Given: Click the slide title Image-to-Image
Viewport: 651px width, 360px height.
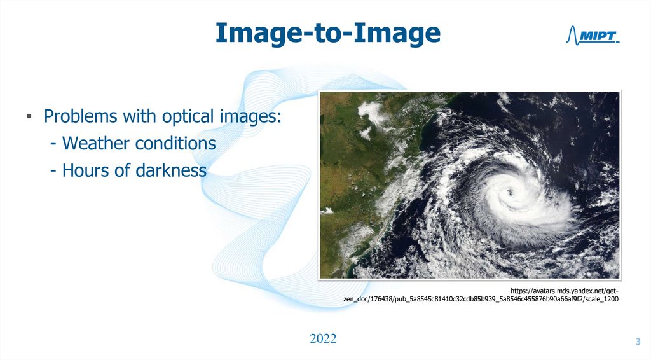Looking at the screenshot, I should coord(327,33).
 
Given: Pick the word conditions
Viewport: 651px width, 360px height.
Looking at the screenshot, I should coord(175,144).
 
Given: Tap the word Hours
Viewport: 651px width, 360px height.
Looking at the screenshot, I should coord(87,170).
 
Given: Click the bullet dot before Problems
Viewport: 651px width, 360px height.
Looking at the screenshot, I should coord(29,118).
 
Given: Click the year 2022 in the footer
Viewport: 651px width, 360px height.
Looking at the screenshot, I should coord(323,338).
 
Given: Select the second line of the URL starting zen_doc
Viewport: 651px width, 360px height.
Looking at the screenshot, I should coord(480,298).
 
